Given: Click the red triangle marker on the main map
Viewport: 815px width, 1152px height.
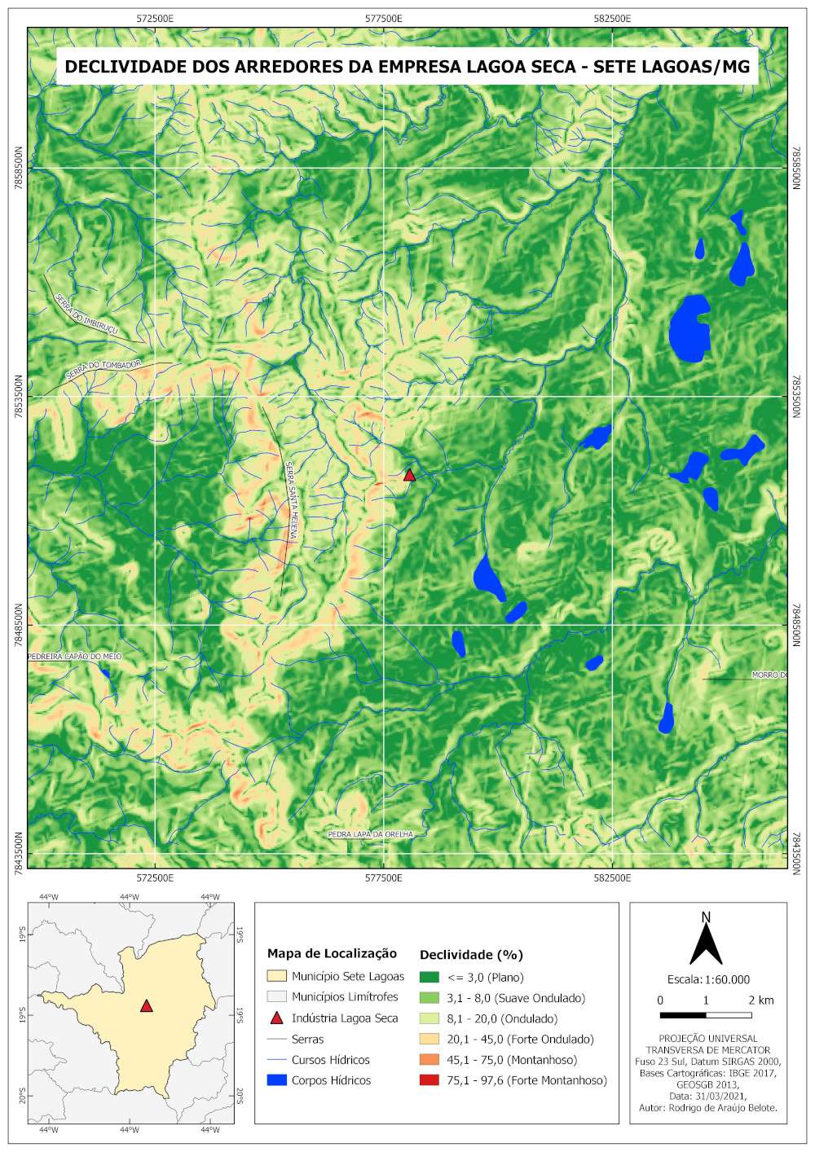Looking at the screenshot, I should (409, 476).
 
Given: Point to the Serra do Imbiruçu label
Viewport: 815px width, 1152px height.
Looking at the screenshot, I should (87, 314).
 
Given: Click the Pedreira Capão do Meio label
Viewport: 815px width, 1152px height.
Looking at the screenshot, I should (75, 656).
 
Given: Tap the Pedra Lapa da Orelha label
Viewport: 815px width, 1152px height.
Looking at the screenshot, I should (371, 834).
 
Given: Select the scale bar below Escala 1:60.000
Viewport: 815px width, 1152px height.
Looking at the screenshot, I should (706, 1015).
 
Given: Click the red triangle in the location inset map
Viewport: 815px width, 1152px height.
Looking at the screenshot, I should (146, 1006).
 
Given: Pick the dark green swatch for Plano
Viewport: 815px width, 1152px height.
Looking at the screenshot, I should (429, 977).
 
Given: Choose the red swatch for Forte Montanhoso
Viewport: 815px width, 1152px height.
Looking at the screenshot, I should (429, 1080).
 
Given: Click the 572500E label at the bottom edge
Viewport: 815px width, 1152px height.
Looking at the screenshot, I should (155, 877).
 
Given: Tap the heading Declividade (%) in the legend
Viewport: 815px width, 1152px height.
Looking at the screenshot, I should (471, 954).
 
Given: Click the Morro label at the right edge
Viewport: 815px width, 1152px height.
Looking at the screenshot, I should (769, 675).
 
